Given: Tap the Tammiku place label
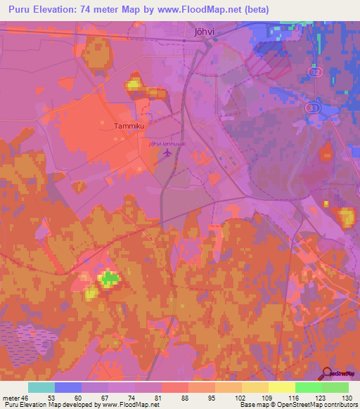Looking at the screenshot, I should click(129, 126).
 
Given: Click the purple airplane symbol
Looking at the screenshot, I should click(166, 154).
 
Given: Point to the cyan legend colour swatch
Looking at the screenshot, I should click(41, 387).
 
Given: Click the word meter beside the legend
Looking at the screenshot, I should click(12, 398).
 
